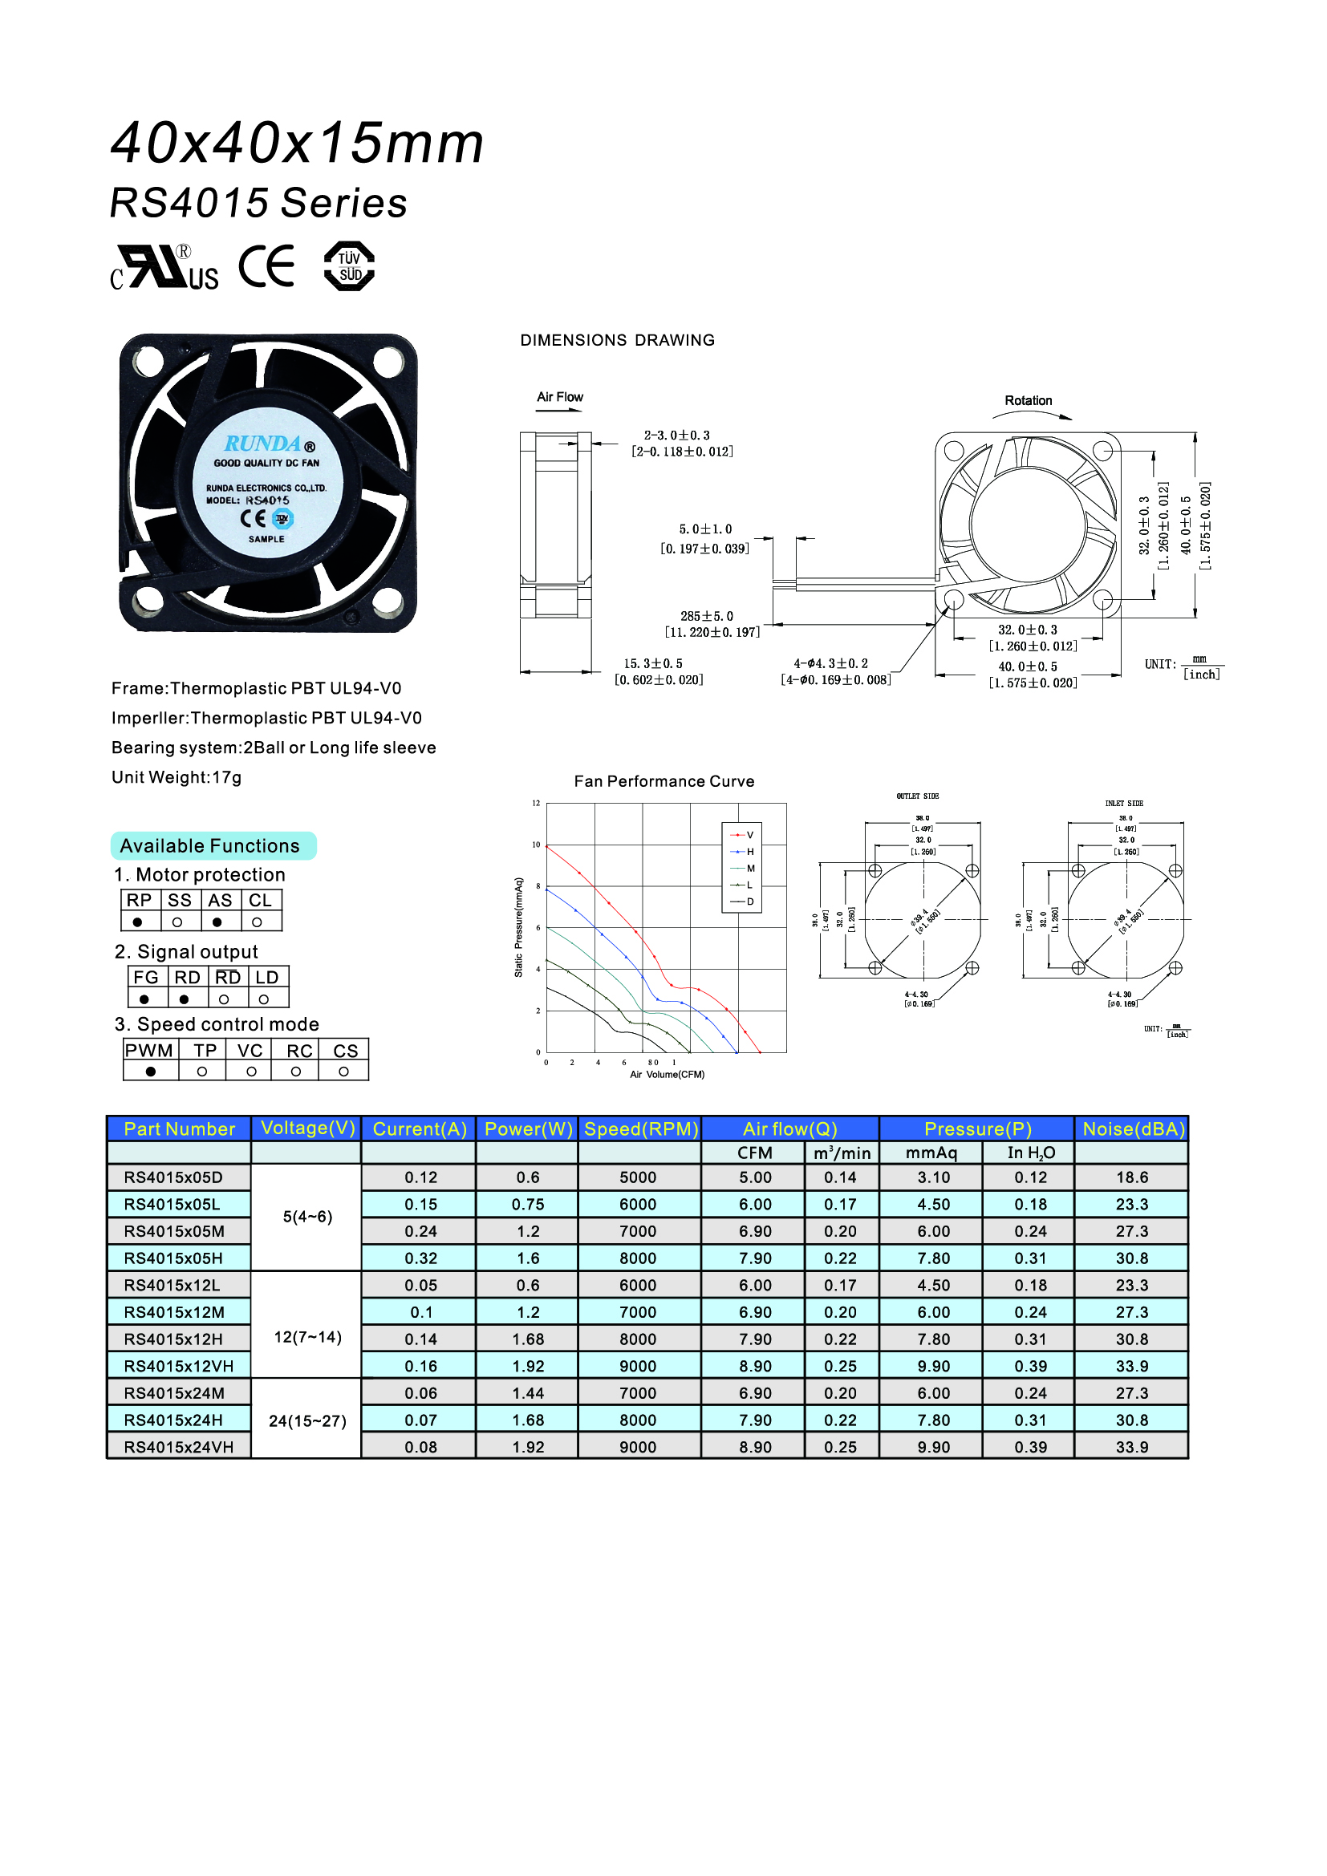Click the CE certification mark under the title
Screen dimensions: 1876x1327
click(x=266, y=266)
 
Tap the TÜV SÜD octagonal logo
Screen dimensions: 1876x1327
click(x=349, y=266)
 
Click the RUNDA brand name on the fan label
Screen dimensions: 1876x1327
click(x=262, y=444)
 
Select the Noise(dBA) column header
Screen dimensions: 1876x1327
click(x=1133, y=1128)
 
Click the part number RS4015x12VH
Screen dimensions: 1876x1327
click(x=178, y=1366)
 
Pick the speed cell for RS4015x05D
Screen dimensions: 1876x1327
click(x=637, y=1177)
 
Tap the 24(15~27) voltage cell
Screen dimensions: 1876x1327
click(x=307, y=1421)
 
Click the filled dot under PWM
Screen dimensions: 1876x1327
click(x=150, y=1072)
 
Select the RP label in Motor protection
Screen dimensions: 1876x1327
click(x=139, y=901)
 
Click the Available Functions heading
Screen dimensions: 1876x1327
click(x=210, y=845)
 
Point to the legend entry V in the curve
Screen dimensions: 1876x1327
click(x=749, y=835)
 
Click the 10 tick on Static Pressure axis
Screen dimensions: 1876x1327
click(x=536, y=845)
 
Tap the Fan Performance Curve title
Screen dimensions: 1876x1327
click(x=663, y=781)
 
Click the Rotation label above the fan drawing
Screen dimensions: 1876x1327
click(x=1028, y=400)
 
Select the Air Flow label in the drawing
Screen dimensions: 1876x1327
click(x=560, y=397)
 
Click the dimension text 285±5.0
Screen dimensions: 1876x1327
click(x=707, y=616)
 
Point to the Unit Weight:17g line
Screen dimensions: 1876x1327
click(x=177, y=777)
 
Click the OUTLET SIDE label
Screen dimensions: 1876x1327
click(x=918, y=796)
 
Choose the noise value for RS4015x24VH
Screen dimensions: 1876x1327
click(x=1132, y=1447)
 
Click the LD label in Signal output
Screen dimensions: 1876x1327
click(x=267, y=977)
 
